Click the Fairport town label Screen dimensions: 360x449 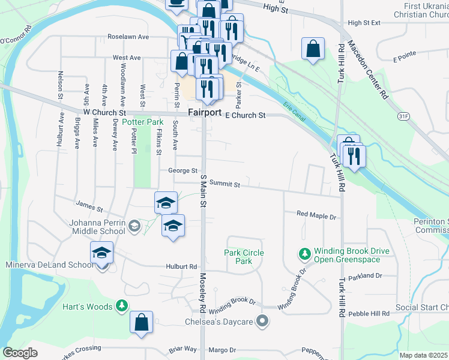pyautogui.click(x=205, y=113)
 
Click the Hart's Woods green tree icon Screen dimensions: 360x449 pyautogui.click(x=122, y=307)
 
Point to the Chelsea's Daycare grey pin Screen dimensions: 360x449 pyautogui.click(x=261, y=322)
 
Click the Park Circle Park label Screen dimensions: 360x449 pyautogui.click(x=244, y=257)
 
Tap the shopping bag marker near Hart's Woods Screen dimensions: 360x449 pyautogui.click(x=141, y=322)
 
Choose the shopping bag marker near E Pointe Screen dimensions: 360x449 pyautogui.click(x=313, y=49)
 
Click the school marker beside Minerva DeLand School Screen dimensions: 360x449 pyautogui.click(x=102, y=253)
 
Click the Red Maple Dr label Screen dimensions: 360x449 pyautogui.click(x=316, y=214)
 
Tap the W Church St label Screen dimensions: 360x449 pyautogui.click(x=104, y=112)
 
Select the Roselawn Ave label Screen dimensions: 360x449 pyautogui.click(x=128, y=37)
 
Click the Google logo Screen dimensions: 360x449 pyautogui.click(x=20, y=353)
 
